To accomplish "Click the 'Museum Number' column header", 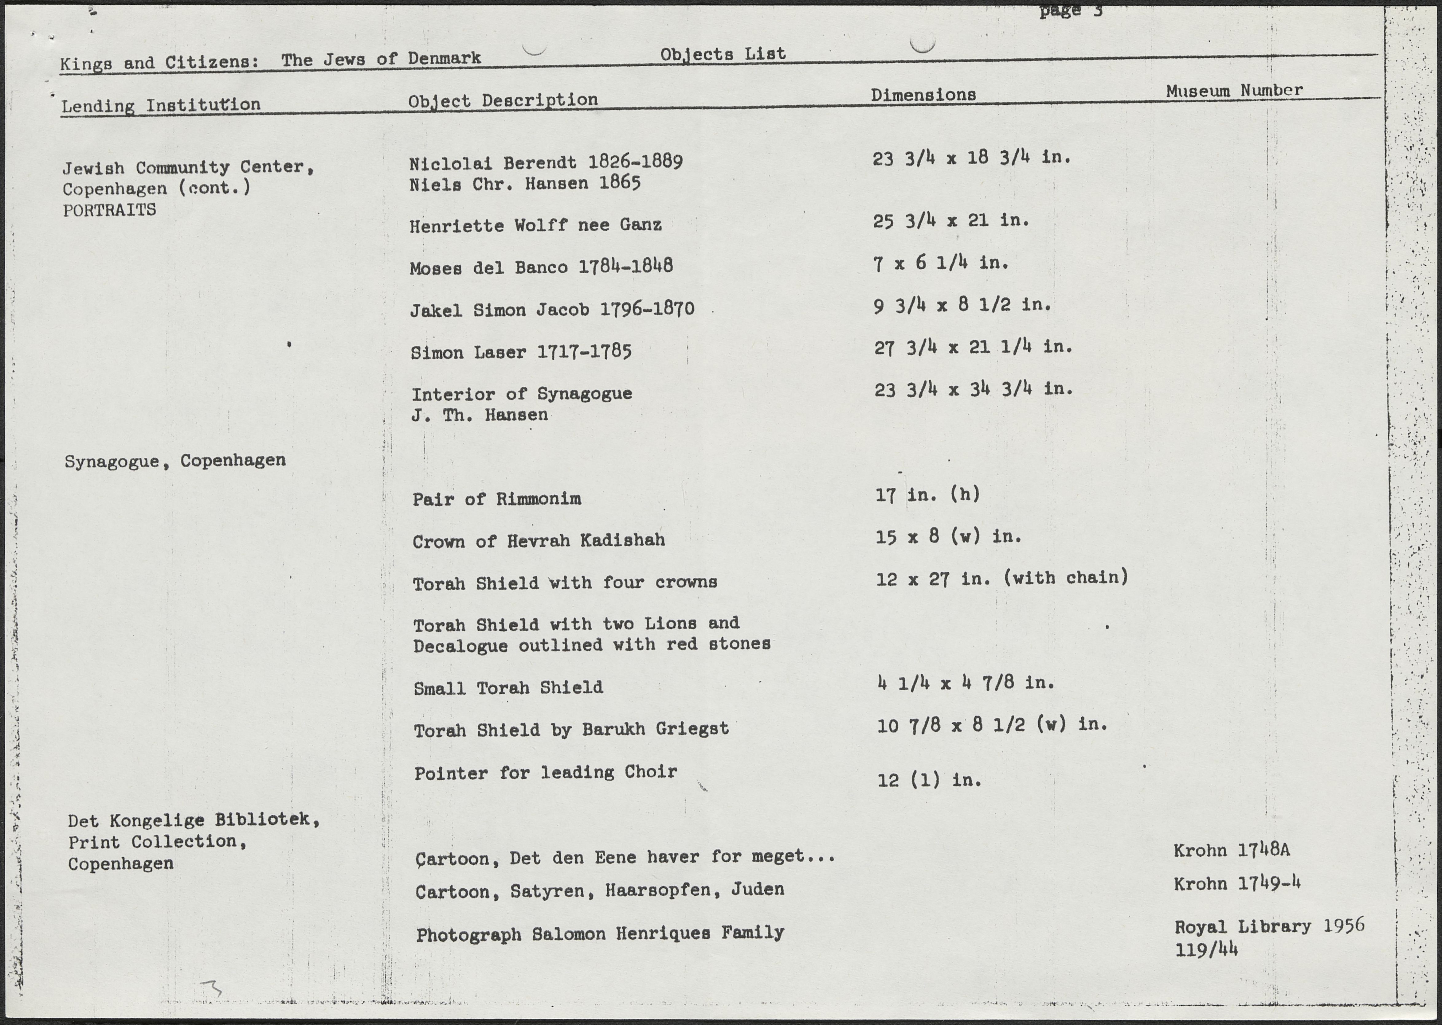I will point(1234,90).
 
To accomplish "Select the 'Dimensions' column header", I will point(923,95).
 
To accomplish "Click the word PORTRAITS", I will point(109,209).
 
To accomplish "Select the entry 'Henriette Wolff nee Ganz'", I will point(535,225).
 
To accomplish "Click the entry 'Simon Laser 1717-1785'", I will point(521,352).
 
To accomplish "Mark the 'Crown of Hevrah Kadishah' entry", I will point(539,540).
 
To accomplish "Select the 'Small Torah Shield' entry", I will point(508,687).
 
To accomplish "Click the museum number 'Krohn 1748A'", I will point(1231,850).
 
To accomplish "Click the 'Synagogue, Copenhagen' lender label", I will point(175,461).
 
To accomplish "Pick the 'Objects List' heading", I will point(723,54).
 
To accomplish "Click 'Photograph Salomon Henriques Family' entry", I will point(600,933).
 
